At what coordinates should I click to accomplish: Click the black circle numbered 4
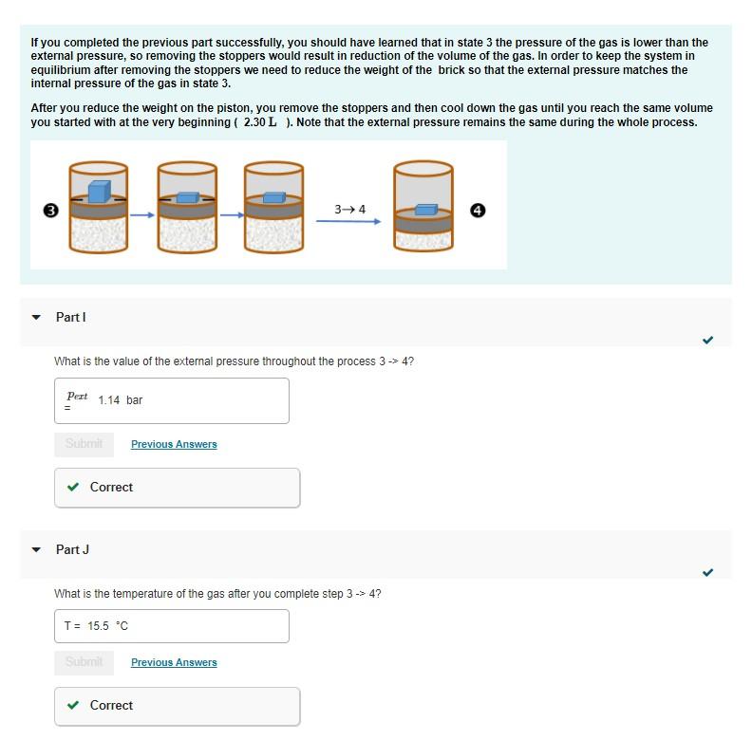tap(479, 211)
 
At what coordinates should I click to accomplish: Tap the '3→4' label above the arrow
tap(349, 209)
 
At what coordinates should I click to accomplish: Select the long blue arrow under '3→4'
tap(348, 222)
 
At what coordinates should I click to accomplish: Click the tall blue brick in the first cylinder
tap(99, 191)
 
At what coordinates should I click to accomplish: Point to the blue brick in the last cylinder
tap(426, 209)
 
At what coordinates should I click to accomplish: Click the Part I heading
tap(71, 317)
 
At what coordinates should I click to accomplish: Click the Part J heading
tap(72, 549)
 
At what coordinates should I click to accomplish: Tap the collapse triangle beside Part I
tap(37, 318)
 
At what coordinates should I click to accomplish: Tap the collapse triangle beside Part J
tap(37, 550)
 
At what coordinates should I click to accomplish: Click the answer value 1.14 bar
tap(121, 400)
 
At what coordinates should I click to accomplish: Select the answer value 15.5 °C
tap(107, 626)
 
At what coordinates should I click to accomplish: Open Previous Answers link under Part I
tap(174, 444)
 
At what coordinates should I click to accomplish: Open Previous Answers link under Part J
tap(174, 662)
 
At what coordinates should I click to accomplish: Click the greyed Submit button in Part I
tap(84, 444)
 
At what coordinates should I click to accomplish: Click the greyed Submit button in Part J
tap(84, 662)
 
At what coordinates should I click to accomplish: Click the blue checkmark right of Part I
tap(707, 340)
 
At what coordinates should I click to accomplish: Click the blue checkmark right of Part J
tap(707, 572)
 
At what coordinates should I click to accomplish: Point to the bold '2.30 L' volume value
tap(260, 122)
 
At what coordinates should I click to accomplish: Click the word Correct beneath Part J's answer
tap(111, 705)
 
